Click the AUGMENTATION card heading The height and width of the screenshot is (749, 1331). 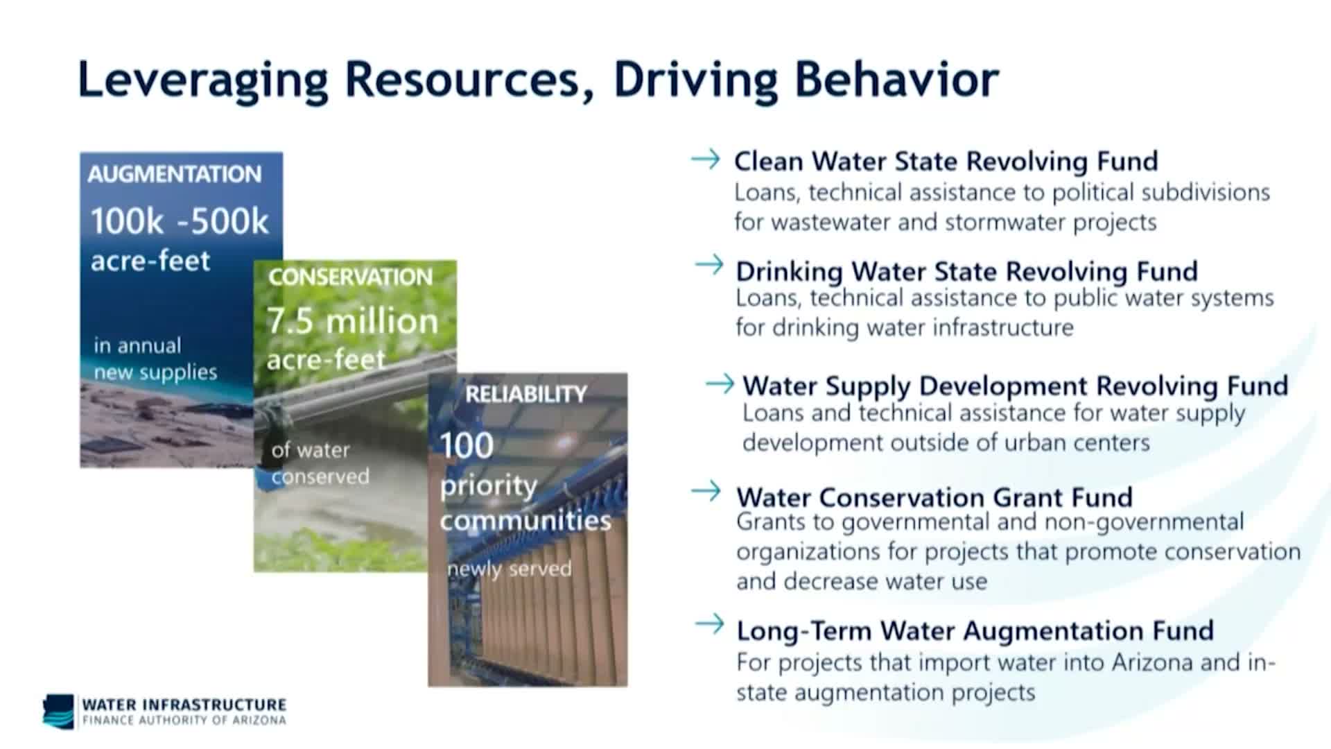click(x=175, y=174)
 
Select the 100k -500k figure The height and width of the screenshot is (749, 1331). click(x=180, y=221)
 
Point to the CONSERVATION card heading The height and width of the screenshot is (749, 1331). click(x=350, y=277)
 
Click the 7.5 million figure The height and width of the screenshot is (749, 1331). click(x=353, y=321)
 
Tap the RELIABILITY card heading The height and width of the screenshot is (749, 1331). click(x=526, y=394)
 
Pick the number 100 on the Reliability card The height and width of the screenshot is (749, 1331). click(x=467, y=445)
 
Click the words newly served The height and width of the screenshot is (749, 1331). click(x=510, y=569)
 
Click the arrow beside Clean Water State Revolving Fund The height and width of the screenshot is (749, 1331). click(x=706, y=160)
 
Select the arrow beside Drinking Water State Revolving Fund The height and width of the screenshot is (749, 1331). click(x=709, y=264)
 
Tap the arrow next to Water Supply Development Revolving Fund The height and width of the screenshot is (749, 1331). click(x=720, y=383)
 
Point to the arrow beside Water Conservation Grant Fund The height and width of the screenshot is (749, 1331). click(x=706, y=491)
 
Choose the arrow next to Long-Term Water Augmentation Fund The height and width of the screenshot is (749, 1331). click(x=709, y=624)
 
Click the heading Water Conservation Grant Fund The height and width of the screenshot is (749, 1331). click(x=934, y=497)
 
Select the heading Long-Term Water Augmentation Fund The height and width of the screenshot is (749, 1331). click(x=975, y=631)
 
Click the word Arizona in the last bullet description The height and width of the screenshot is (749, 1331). click(x=1152, y=662)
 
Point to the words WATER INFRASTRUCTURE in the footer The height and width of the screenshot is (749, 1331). click(x=184, y=705)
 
